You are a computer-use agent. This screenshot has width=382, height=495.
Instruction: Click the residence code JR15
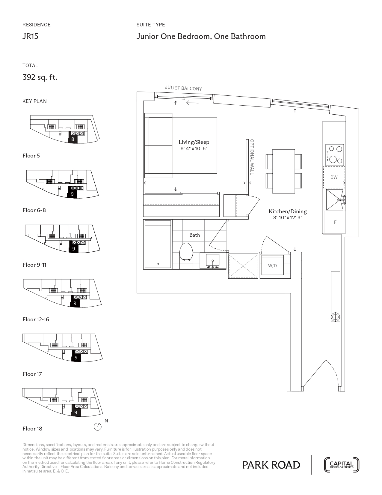[x=31, y=36]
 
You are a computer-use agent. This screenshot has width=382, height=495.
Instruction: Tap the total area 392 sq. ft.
[x=40, y=77]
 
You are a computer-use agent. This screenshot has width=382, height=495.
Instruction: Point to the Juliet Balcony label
[x=183, y=88]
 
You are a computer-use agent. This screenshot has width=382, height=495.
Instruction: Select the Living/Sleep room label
[x=194, y=142]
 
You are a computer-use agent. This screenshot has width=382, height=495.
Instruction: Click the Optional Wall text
[x=252, y=157]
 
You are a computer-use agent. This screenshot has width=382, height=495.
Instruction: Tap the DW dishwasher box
[x=334, y=177]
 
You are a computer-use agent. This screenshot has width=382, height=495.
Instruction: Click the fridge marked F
[x=335, y=222]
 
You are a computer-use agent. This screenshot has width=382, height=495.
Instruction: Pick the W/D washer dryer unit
[x=272, y=265]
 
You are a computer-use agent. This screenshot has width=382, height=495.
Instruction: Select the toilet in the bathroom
[x=186, y=255]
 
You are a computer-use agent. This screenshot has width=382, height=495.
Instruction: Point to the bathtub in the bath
[x=158, y=244]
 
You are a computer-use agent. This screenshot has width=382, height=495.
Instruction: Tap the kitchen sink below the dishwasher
[x=335, y=200]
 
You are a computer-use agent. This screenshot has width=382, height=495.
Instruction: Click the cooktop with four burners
[x=334, y=155]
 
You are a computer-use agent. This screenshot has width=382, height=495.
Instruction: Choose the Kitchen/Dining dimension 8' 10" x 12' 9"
[x=288, y=217]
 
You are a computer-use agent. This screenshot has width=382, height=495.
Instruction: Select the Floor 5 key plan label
[x=31, y=156]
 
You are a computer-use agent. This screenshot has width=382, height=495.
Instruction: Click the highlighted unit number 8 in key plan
[x=73, y=139]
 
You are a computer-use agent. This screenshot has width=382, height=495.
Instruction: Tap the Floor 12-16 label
[x=36, y=319]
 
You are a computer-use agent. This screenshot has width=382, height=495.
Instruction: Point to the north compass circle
[x=98, y=427]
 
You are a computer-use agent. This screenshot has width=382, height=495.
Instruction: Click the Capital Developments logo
[x=342, y=465]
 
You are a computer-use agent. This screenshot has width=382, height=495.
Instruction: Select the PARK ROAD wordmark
[x=271, y=465]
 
